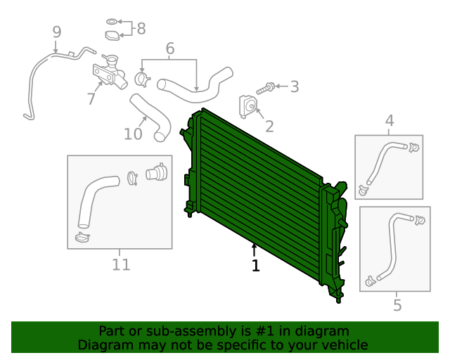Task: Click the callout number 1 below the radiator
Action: click(255, 266)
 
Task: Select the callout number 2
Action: click(269, 127)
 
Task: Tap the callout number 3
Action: click(294, 87)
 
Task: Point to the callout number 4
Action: click(389, 122)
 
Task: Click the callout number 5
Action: click(397, 305)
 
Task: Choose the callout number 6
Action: click(169, 49)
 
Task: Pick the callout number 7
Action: click(91, 99)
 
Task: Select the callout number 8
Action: click(141, 28)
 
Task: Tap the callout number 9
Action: click(56, 32)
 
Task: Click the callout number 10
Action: click(133, 134)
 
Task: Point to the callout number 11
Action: click(121, 264)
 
